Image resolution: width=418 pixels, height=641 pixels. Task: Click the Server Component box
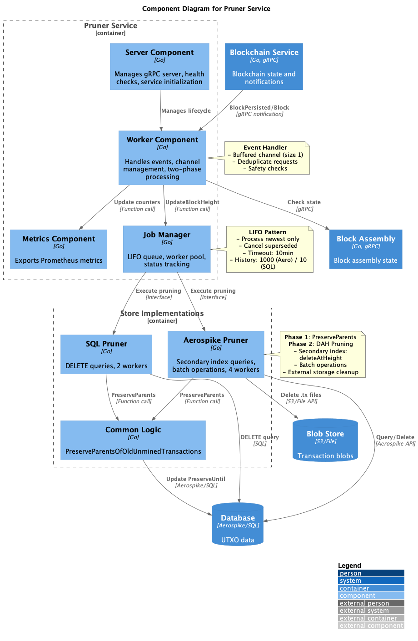coord(159,66)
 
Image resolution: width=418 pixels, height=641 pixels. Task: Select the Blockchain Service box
coord(264,66)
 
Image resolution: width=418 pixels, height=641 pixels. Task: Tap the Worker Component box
coord(162,158)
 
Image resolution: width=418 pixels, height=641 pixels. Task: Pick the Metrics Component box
coord(59,249)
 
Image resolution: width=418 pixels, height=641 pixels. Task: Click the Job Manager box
coord(167,249)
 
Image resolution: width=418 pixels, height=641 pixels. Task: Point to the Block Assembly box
coord(365,249)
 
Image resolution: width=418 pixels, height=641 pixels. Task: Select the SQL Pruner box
coord(106,354)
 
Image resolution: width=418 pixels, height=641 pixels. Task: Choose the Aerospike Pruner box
coord(216,354)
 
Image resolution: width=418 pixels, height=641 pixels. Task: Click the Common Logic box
coord(133,440)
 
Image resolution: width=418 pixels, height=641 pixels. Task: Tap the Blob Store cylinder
coord(325,441)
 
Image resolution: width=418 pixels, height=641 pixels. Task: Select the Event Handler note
coord(267,158)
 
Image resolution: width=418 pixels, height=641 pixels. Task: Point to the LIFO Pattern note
coord(269,249)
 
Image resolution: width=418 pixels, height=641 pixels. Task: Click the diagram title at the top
coord(206,9)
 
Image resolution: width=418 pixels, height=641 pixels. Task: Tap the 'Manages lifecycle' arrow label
coord(186,110)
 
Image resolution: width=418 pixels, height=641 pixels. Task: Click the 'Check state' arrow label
coord(304,202)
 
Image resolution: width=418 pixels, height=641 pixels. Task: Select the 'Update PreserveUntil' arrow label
coord(195,479)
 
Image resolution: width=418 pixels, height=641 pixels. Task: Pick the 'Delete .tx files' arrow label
coord(301,395)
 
